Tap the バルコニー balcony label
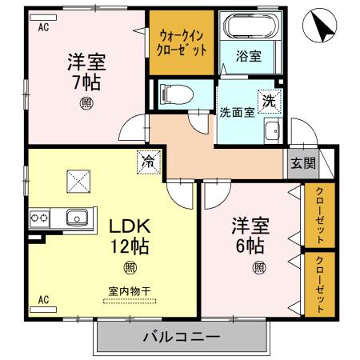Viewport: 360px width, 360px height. click(182, 336)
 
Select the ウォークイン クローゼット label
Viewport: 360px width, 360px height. click(182, 42)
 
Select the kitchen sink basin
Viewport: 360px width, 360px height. click(78, 216)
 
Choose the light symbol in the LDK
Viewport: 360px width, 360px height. click(128, 267)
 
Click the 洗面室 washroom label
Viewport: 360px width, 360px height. click(238, 112)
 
